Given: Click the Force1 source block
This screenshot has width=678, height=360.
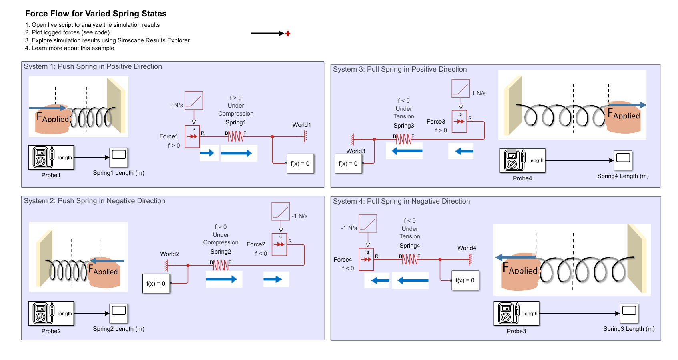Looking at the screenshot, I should (x=192, y=136).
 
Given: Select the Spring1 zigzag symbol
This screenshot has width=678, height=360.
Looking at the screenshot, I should (x=236, y=136).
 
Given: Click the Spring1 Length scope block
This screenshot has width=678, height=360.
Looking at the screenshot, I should (x=119, y=157).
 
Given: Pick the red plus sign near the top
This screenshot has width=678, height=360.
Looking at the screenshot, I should (x=287, y=34).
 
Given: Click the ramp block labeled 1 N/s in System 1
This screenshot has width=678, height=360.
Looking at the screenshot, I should (x=194, y=100).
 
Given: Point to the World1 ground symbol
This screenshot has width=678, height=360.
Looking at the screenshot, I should (x=305, y=136).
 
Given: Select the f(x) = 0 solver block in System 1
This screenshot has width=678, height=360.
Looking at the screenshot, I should (x=300, y=164).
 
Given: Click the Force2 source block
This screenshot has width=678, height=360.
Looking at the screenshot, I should (x=279, y=244).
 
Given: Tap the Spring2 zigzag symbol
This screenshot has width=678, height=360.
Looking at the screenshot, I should (x=221, y=265).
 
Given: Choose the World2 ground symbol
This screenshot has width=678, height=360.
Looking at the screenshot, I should (x=166, y=265).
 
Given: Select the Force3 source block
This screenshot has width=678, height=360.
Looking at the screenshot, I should (x=459, y=121).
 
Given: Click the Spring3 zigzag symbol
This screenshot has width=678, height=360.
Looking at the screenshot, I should (x=403, y=139).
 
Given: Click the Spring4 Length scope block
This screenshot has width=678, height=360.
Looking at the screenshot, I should (x=623, y=160).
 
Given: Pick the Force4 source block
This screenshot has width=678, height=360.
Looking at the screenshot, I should (x=366, y=260).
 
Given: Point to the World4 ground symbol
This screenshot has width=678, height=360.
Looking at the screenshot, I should (x=470, y=260).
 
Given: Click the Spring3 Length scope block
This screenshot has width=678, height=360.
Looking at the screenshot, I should (x=629, y=313).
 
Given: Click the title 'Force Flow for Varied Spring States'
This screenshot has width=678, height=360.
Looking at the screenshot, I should (x=96, y=14).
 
